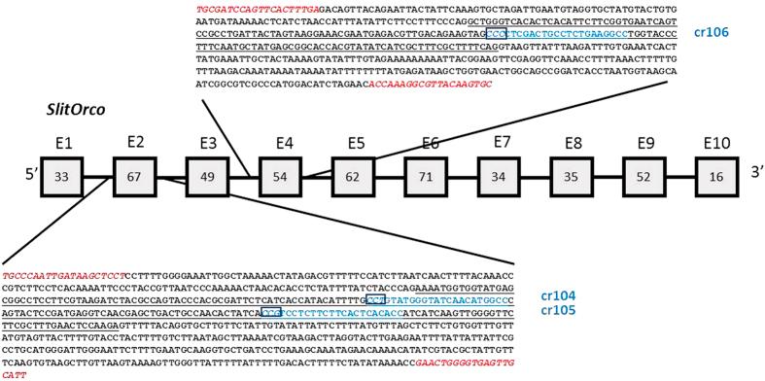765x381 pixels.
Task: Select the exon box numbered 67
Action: (x=136, y=177)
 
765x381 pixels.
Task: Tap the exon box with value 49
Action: (x=209, y=177)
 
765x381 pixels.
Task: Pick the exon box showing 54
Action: (x=283, y=177)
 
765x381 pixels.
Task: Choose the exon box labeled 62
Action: (x=355, y=177)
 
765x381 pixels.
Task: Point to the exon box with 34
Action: (x=502, y=177)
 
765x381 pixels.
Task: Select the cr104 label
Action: (x=558, y=294)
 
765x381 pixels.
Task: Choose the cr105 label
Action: (x=558, y=310)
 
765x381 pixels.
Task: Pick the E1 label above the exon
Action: (x=64, y=143)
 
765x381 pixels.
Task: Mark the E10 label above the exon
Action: (x=718, y=143)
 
